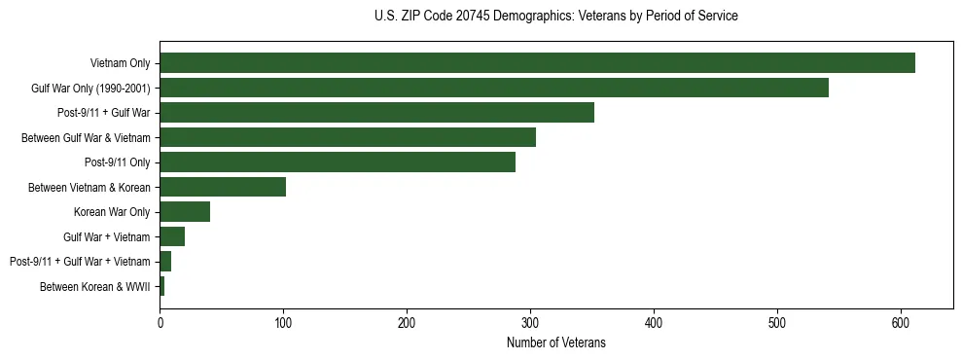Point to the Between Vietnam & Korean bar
click(223, 187)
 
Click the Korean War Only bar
click(185, 212)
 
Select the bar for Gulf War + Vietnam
click(172, 236)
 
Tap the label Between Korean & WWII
click(95, 287)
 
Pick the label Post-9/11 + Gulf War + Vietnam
click(80, 262)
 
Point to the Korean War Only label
click(112, 212)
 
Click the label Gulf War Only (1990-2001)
click(90, 89)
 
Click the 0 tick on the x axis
click(160, 322)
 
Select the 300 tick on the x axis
click(530, 322)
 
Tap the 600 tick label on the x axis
click(901, 322)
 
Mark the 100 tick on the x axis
click(283, 322)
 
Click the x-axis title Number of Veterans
click(555, 342)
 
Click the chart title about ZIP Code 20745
click(555, 17)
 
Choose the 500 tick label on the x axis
click(777, 322)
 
